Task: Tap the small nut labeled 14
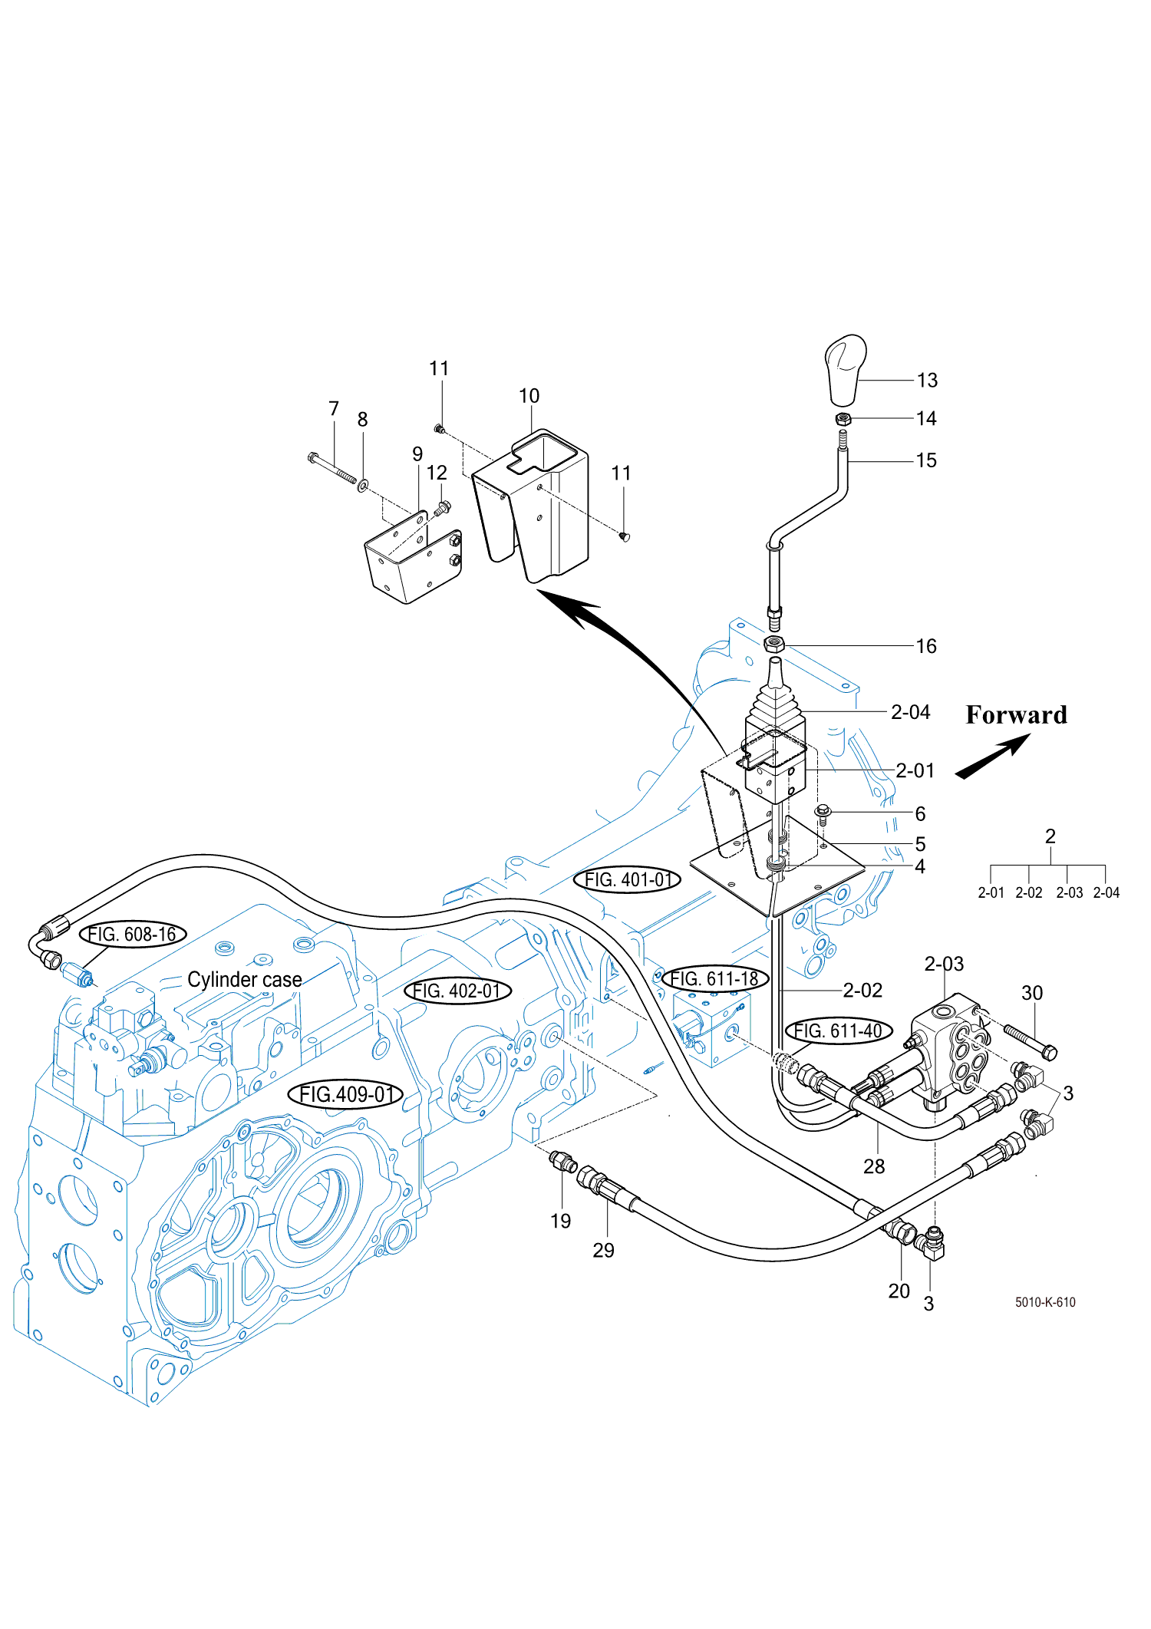tap(844, 419)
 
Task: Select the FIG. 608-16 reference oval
tap(133, 935)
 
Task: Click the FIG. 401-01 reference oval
tap(627, 880)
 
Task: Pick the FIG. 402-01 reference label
tap(457, 991)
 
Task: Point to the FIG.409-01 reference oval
tap(345, 1094)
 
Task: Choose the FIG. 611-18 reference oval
tap(714, 979)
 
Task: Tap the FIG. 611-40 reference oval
tap(839, 1031)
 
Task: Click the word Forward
tap(1016, 715)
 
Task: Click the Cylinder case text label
tap(245, 980)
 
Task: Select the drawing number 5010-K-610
tap(1045, 1302)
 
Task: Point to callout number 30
tap(1032, 993)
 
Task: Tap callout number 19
tap(561, 1221)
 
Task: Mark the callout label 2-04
tap(911, 713)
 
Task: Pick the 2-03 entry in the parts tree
tap(1069, 892)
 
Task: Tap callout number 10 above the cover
tap(529, 396)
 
